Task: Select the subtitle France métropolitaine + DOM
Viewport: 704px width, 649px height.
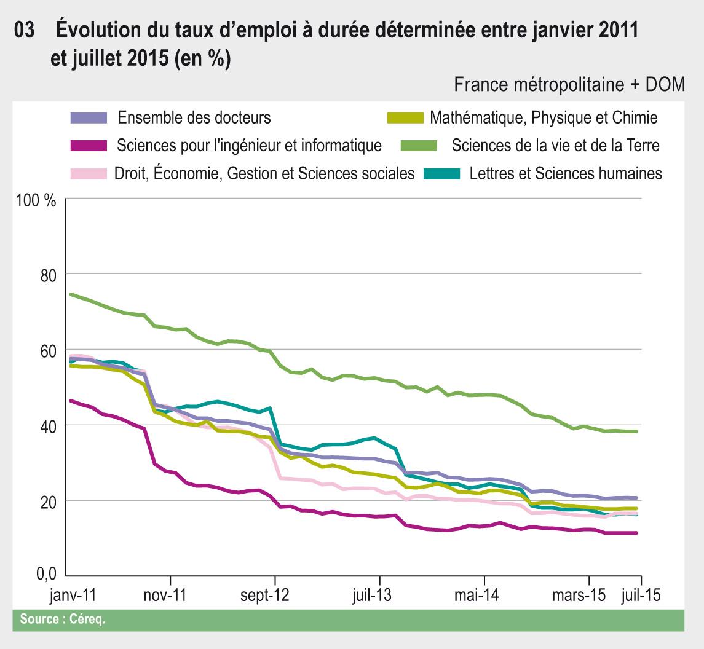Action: coord(569,85)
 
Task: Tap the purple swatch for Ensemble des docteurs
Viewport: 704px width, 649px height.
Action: coord(89,117)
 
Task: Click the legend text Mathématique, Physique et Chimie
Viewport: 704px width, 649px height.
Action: coord(544,117)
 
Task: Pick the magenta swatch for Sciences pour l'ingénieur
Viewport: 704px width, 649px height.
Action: coord(89,146)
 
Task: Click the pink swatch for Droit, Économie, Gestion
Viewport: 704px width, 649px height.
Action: coord(89,173)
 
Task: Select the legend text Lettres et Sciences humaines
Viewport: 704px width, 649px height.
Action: coord(566,173)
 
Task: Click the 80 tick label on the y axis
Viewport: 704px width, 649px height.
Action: coord(47,275)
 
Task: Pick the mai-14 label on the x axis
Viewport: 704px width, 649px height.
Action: coord(484,596)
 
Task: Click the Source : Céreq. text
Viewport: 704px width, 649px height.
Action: coord(63,619)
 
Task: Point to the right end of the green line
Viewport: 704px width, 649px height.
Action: coord(636,431)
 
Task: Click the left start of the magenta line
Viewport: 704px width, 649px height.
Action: coord(71,401)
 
